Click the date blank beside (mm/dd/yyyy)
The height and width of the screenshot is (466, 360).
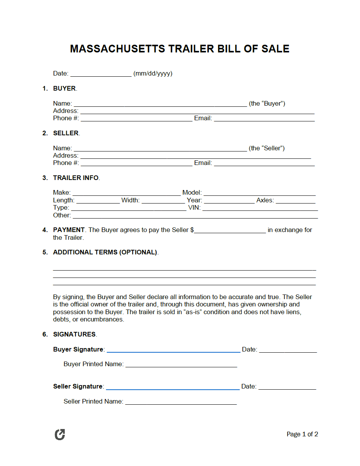[x=101, y=74]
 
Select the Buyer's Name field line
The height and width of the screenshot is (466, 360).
[x=160, y=104]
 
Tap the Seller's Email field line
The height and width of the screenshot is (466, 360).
[x=264, y=163]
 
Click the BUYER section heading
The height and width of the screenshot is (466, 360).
[x=64, y=88]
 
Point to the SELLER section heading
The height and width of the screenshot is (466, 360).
[x=66, y=133]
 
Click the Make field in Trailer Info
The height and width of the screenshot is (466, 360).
[x=126, y=193]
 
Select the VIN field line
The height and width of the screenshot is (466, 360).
[x=260, y=208]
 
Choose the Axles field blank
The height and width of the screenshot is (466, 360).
[x=295, y=200]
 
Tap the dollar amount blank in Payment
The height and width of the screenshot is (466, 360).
[x=230, y=230]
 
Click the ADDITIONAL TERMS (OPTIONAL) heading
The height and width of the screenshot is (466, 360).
[x=105, y=252]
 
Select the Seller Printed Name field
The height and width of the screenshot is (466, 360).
[x=181, y=402]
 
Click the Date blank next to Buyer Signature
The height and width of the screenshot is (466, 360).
[x=288, y=350]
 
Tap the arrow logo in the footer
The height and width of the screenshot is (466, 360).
[x=60, y=434]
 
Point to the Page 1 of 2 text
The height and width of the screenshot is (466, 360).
[x=302, y=434]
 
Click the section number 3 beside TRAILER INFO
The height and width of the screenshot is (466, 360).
[x=45, y=178]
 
